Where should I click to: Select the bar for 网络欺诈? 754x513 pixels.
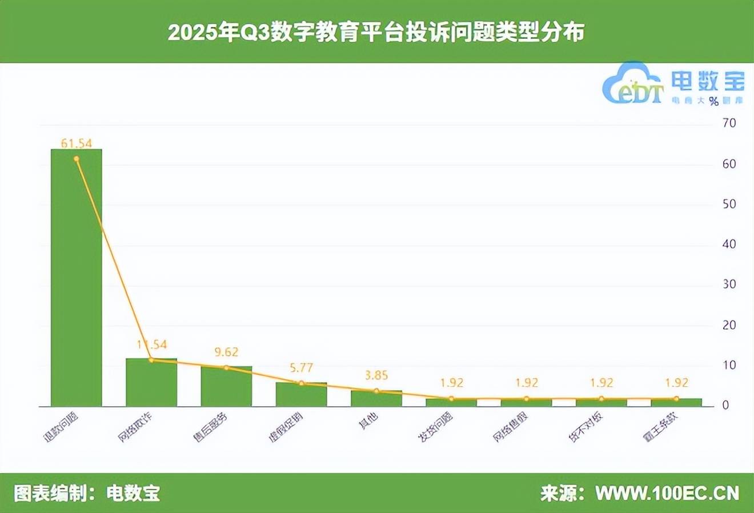click(x=151, y=382)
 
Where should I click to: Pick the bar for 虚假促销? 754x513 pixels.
click(x=301, y=394)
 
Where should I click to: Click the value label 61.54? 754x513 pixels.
click(x=76, y=143)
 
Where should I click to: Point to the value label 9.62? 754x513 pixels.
click(x=226, y=352)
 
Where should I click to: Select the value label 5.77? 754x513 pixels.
click(x=301, y=368)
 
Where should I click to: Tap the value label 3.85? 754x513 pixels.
click(x=376, y=375)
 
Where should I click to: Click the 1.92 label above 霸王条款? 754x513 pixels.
click(x=676, y=383)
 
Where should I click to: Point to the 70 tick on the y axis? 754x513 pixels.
click(x=729, y=123)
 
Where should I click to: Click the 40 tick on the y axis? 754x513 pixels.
click(x=729, y=244)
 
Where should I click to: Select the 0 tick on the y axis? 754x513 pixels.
click(x=725, y=405)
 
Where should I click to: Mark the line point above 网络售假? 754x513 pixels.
click(x=526, y=399)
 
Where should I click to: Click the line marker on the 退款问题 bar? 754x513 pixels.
click(x=76, y=159)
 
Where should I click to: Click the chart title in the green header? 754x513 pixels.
click(x=376, y=32)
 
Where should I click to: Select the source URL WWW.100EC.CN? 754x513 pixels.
click(x=667, y=493)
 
